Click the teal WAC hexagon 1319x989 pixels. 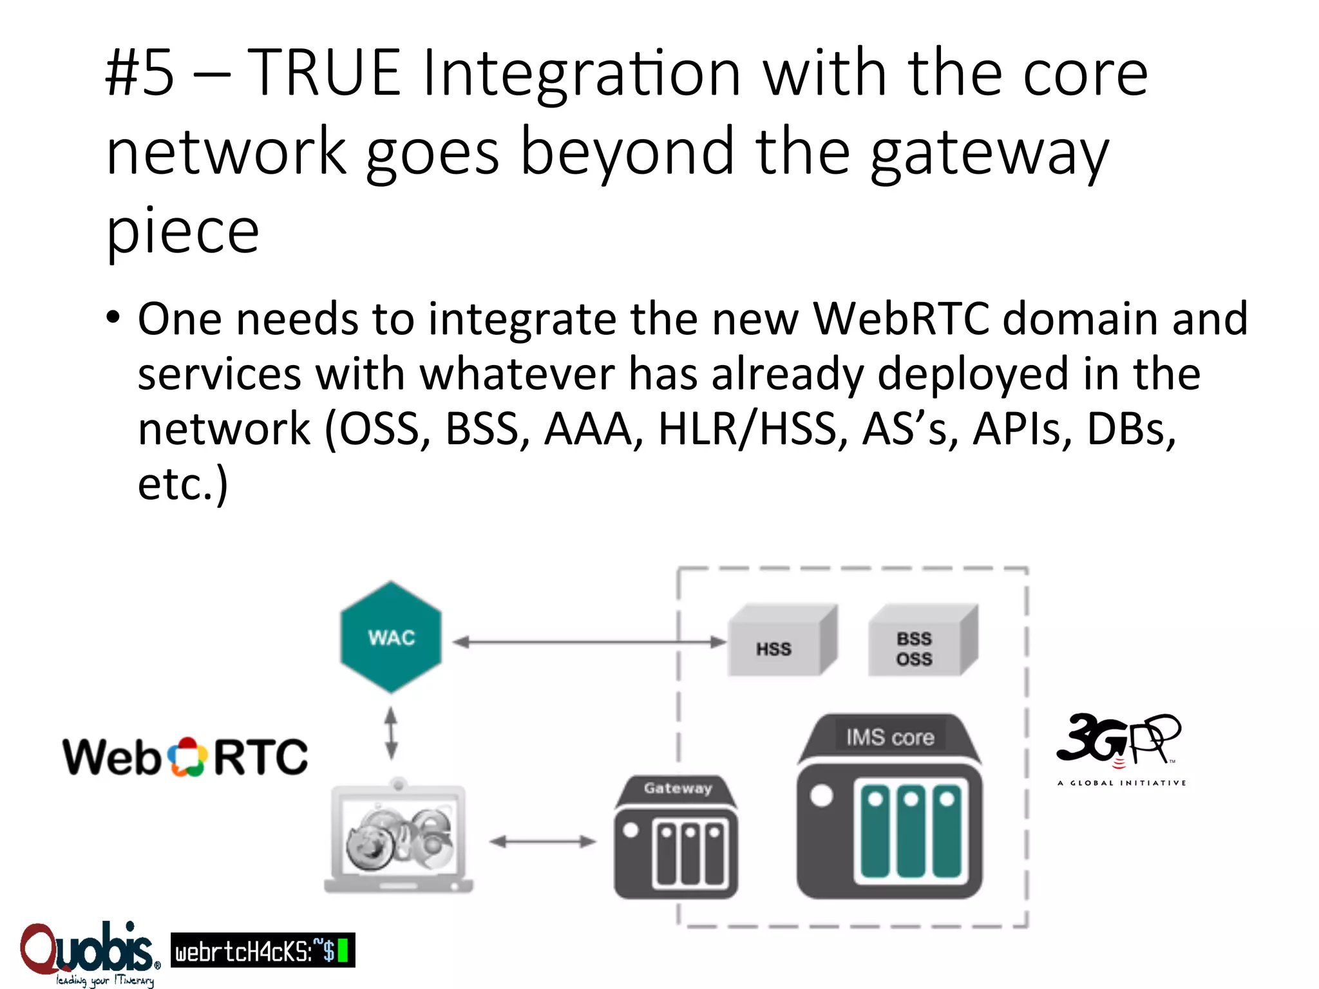[x=391, y=637]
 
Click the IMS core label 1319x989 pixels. [x=890, y=737]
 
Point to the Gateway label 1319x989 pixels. [x=678, y=788]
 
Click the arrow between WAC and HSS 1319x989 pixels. [x=589, y=642]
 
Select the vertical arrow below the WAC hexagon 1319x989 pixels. [x=391, y=734]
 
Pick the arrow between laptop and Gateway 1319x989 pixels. [x=542, y=842]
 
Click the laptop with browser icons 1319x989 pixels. [x=399, y=837]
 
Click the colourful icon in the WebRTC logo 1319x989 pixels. [x=187, y=757]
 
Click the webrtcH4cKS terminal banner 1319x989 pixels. [x=262, y=950]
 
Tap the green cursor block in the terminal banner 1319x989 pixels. [x=343, y=950]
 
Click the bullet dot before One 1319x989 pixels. [x=113, y=317]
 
